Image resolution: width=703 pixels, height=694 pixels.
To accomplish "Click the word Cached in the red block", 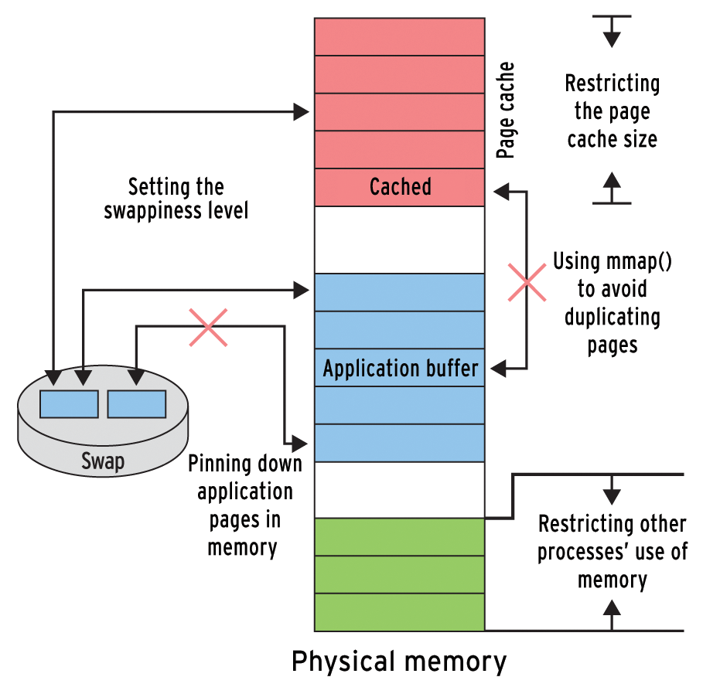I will coord(400,187).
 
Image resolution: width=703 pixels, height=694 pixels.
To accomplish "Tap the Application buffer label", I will coord(400,368).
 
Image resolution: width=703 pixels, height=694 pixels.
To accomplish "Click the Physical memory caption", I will coord(399,662).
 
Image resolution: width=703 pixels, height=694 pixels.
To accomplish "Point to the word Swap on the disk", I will coord(103,461).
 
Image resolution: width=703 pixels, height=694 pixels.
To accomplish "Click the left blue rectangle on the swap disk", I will coord(69,404).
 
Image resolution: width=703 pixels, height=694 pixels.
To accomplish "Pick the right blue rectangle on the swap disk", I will coord(137,404).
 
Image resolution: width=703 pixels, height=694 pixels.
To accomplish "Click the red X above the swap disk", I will coord(208,327).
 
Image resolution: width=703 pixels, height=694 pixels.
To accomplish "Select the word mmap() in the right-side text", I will coord(634,260).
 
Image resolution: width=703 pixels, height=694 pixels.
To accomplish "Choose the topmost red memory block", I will coord(399,36).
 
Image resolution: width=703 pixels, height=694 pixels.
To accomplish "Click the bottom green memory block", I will coord(399,612).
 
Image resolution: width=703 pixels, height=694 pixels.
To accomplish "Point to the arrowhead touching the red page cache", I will coord(302,112).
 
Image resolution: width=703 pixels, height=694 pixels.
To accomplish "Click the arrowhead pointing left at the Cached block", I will coord(500,187).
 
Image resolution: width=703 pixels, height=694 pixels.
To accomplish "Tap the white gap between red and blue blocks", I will coord(399,240).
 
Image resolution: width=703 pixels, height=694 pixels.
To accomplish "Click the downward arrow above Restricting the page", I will coord(612,35).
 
